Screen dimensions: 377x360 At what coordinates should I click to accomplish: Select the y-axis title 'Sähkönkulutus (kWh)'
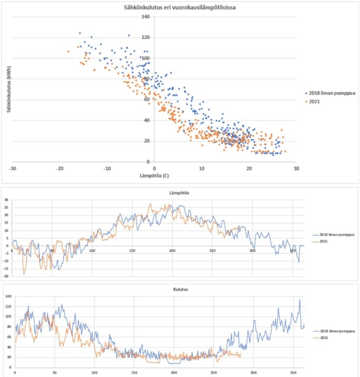coord(9,89)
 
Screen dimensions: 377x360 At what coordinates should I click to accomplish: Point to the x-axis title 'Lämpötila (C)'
coord(154,175)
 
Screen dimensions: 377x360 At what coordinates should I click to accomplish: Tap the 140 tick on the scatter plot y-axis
coord(146,17)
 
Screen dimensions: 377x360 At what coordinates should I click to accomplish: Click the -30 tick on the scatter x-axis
coord(12,168)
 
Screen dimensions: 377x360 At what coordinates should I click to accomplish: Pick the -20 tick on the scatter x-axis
coord(59,168)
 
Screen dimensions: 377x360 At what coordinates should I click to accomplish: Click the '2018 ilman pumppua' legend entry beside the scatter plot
coord(331,92)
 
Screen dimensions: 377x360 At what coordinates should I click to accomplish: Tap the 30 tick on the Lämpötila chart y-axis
coord(7,200)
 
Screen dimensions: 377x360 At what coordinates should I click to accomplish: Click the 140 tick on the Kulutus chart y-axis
coord(7,297)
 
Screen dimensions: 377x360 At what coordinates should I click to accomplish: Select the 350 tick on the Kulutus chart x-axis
coord(293,373)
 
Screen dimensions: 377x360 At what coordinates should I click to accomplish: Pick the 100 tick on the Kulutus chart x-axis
coord(94,373)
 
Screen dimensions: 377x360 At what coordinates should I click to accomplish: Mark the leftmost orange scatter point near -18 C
coord(68,52)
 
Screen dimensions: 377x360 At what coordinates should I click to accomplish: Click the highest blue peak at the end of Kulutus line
coord(300,300)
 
